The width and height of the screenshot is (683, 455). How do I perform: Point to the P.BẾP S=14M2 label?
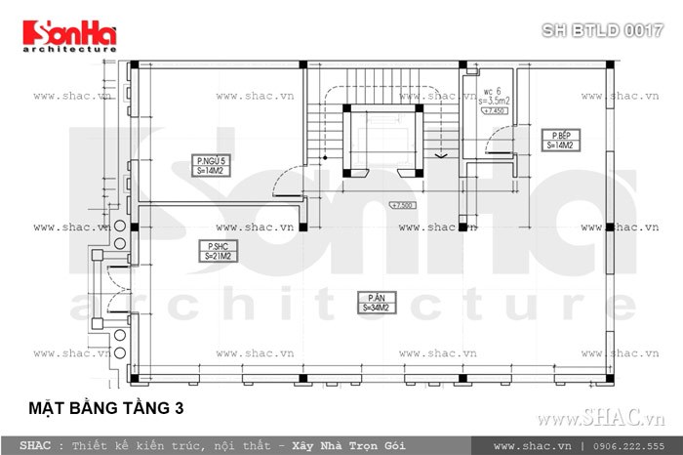[x=560, y=139]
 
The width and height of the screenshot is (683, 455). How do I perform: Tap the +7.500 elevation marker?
[x=403, y=205]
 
